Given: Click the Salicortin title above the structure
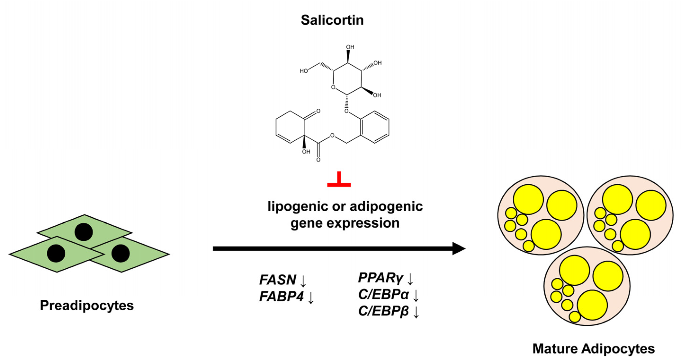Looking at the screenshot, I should (x=332, y=20).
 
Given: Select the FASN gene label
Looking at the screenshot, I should (x=278, y=280).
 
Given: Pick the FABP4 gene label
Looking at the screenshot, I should (x=281, y=296).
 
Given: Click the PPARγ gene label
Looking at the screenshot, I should (x=381, y=278).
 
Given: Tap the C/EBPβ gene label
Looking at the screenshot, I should (x=383, y=311).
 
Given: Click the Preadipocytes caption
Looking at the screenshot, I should (x=87, y=305).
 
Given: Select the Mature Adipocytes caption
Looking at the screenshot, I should (x=593, y=349).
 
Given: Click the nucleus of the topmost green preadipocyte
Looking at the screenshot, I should (x=84, y=232).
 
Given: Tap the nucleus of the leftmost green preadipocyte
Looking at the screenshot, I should (x=56, y=253).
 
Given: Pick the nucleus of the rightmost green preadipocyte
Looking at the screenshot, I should (x=121, y=253).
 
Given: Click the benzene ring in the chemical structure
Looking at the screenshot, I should (x=375, y=127).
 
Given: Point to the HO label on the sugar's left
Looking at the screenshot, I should (x=304, y=71).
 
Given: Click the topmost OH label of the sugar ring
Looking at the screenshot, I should (x=350, y=47).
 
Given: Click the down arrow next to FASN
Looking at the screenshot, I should (x=303, y=280).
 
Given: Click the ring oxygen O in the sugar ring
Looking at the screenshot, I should (x=333, y=87).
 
